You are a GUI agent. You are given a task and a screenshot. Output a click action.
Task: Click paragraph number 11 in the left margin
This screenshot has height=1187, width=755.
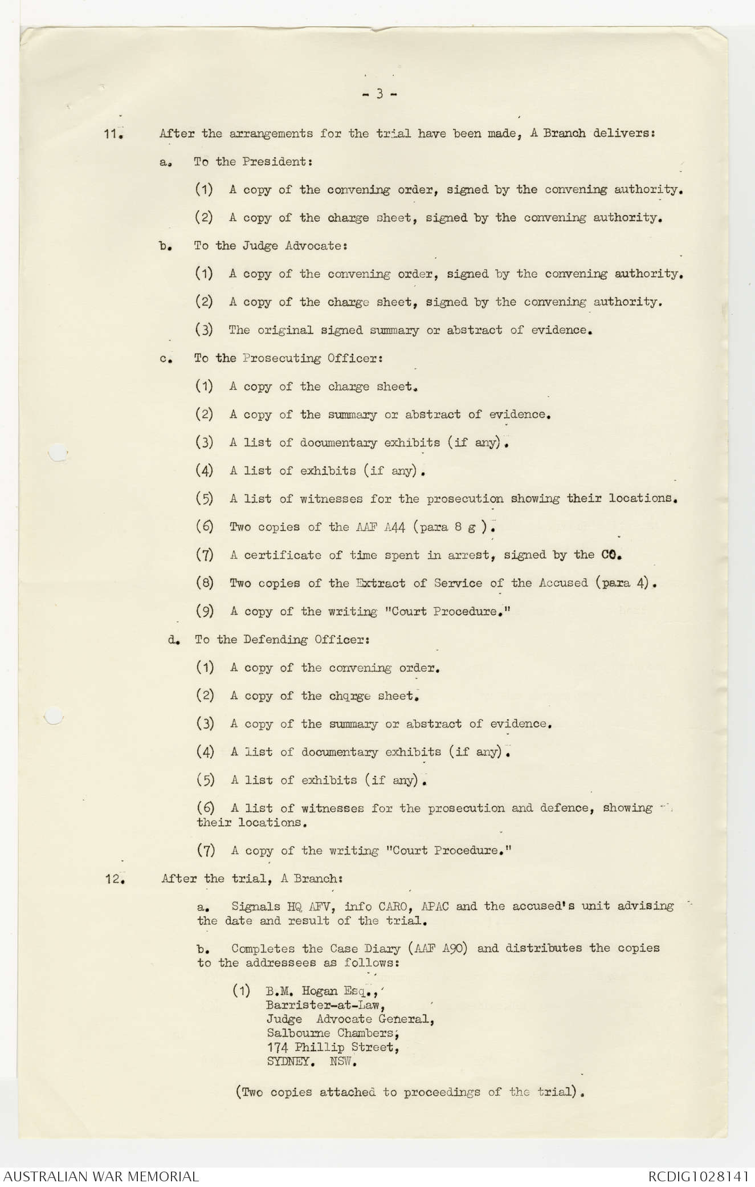(x=114, y=135)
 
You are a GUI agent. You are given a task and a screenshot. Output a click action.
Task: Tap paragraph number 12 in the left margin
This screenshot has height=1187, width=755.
(x=114, y=879)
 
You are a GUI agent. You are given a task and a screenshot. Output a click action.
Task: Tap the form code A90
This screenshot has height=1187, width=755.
(x=454, y=949)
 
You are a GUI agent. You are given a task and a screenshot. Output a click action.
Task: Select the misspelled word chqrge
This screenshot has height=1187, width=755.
(x=349, y=696)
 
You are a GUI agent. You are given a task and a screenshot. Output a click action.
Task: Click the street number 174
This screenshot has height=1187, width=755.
(x=276, y=1047)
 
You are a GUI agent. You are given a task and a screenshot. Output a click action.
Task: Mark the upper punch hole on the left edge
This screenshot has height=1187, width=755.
(x=57, y=453)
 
